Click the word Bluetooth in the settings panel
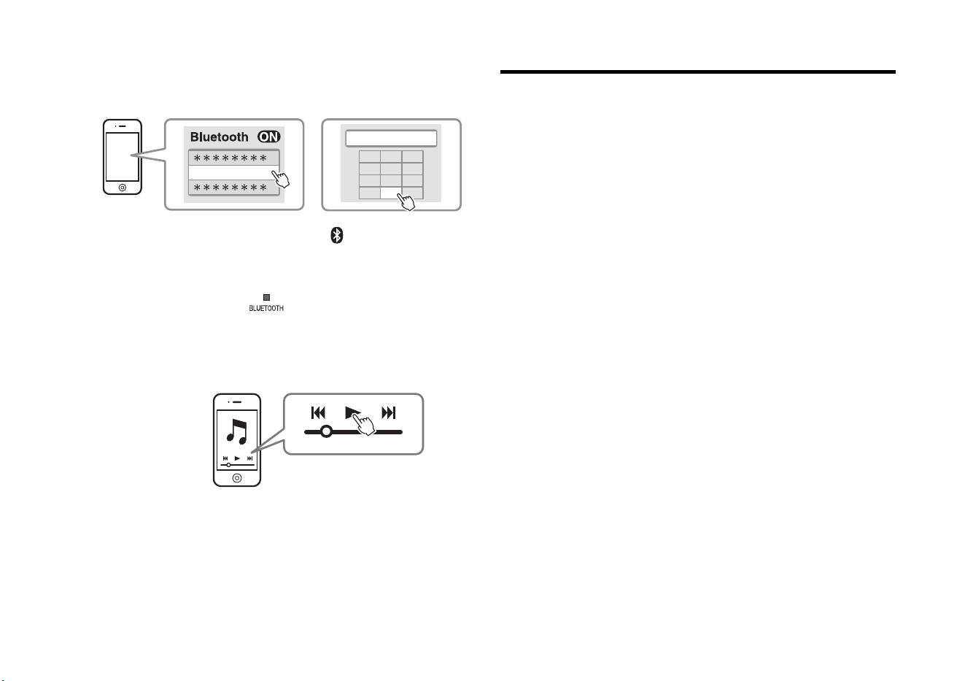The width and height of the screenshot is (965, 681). pyautogui.click(x=220, y=137)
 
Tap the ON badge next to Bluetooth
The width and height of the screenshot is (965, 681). pyautogui.click(x=269, y=136)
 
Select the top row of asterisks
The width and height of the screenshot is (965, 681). pyautogui.click(x=230, y=158)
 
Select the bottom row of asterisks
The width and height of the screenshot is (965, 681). pyautogui.click(x=230, y=188)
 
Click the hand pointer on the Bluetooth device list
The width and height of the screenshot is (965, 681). pyautogui.click(x=281, y=178)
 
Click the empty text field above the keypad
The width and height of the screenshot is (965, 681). pyautogui.click(x=391, y=139)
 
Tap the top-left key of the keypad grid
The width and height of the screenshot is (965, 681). pyautogui.click(x=369, y=156)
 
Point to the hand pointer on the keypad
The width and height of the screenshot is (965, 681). pyautogui.click(x=406, y=201)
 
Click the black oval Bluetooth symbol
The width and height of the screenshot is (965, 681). pyautogui.click(x=337, y=235)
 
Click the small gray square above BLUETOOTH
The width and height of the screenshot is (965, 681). pyautogui.click(x=267, y=297)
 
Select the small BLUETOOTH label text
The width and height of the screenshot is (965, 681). pyautogui.click(x=266, y=308)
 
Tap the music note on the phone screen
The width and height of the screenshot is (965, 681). pyautogui.click(x=237, y=431)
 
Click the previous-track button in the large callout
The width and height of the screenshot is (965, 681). pyautogui.click(x=318, y=413)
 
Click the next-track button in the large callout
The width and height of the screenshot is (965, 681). pyautogui.click(x=388, y=413)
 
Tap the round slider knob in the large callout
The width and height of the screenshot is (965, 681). pyautogui.click(x=327, y=431)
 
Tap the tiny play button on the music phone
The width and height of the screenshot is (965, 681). pyautogui.click(x=237, y=458)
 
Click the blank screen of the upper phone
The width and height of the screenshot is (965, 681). pyautogui.click(x=123, y=157)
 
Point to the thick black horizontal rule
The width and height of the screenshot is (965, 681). pyautogui.click(x=698, y=72)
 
